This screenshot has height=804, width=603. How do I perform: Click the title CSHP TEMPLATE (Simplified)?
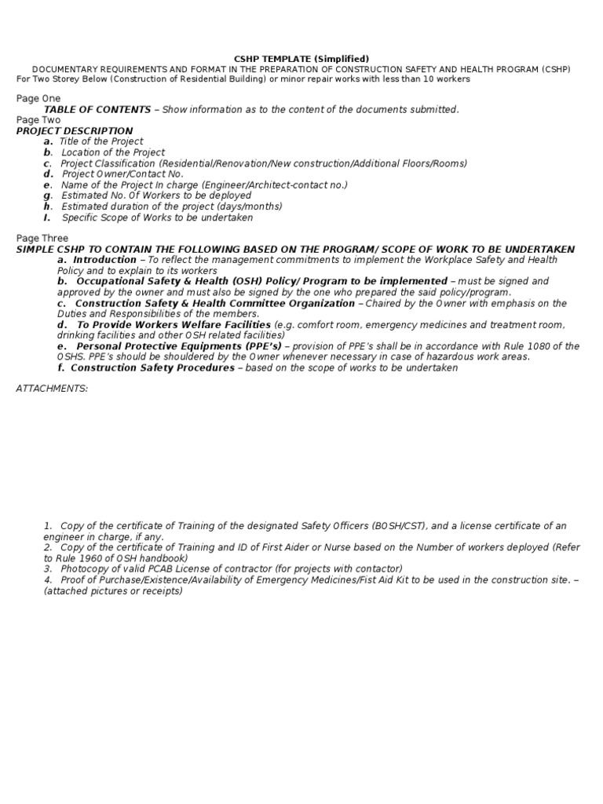coord(301,59)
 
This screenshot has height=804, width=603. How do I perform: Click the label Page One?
coord(38,98)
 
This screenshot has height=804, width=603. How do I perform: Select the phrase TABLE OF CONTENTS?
coord(97,109)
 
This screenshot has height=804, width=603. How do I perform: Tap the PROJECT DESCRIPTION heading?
coord(75,131)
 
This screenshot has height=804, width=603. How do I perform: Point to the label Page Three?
coord(42,238)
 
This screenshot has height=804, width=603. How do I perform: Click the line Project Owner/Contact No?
coord(122,174)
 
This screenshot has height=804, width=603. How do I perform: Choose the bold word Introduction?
coord(104,260)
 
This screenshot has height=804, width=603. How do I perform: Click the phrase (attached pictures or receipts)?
coord(113,590)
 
